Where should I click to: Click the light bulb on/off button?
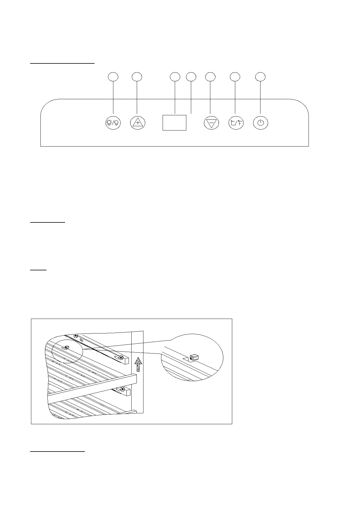[x=113, y=123]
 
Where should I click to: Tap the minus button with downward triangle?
[x=211, y=123]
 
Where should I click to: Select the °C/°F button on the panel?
[x=236, y=123]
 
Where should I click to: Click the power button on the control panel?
[x=260, y=123]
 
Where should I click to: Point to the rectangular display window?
[x=174, y=123]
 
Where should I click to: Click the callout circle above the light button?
[x=113, y=77]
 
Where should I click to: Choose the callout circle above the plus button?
[x=137, y=77]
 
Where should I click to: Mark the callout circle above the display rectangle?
[x=175, y=77]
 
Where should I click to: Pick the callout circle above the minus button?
[x=210, y=77]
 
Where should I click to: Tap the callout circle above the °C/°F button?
[x=235, y=77]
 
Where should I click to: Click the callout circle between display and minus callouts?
[x=191, y=77]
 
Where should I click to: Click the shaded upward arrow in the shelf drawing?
[x=138, y=364]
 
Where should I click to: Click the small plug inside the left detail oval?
[x=67, y=347]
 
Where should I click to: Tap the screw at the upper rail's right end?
[x=121, y=357]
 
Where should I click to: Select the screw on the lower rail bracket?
[x=122, y=389]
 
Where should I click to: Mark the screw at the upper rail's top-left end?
[x=76, y=336]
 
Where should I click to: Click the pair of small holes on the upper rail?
[x=81, y=340]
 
